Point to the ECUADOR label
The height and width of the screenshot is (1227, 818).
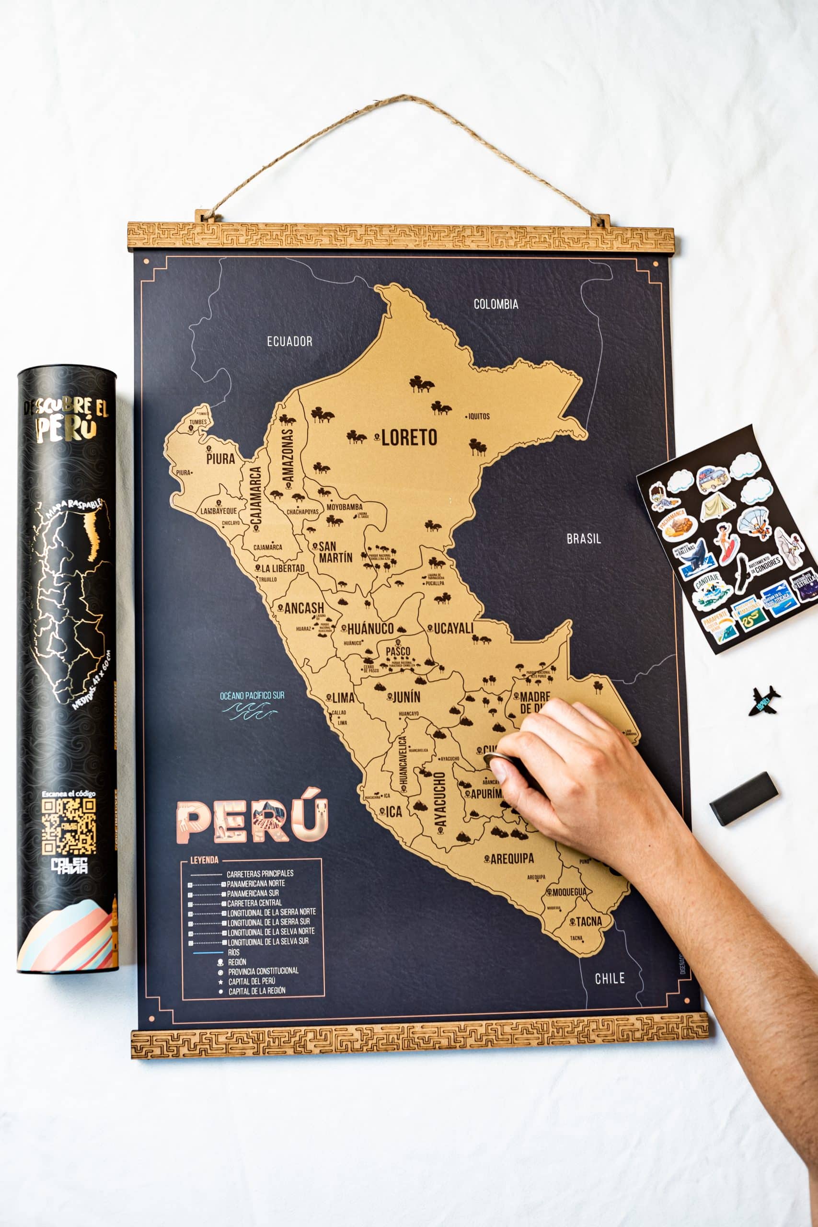289,341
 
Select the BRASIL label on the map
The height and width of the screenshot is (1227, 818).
584,539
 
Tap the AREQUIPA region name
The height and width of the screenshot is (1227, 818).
512,858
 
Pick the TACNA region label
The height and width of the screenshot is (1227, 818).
588,921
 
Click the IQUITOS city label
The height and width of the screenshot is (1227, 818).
478,417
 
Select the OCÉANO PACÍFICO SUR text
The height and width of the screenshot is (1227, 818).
252,695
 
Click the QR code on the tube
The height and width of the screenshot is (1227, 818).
69,826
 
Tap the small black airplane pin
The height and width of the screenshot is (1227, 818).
764,700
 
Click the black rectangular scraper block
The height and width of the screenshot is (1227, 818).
743,798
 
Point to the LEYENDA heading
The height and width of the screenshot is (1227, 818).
204,860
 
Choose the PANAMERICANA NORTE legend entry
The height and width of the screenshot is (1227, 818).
255,884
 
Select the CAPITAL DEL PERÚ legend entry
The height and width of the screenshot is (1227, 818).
252,981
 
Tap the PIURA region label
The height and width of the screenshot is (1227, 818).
220,459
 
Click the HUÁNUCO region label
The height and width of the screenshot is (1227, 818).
370,629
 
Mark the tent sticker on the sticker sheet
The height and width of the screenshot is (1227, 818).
717,507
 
